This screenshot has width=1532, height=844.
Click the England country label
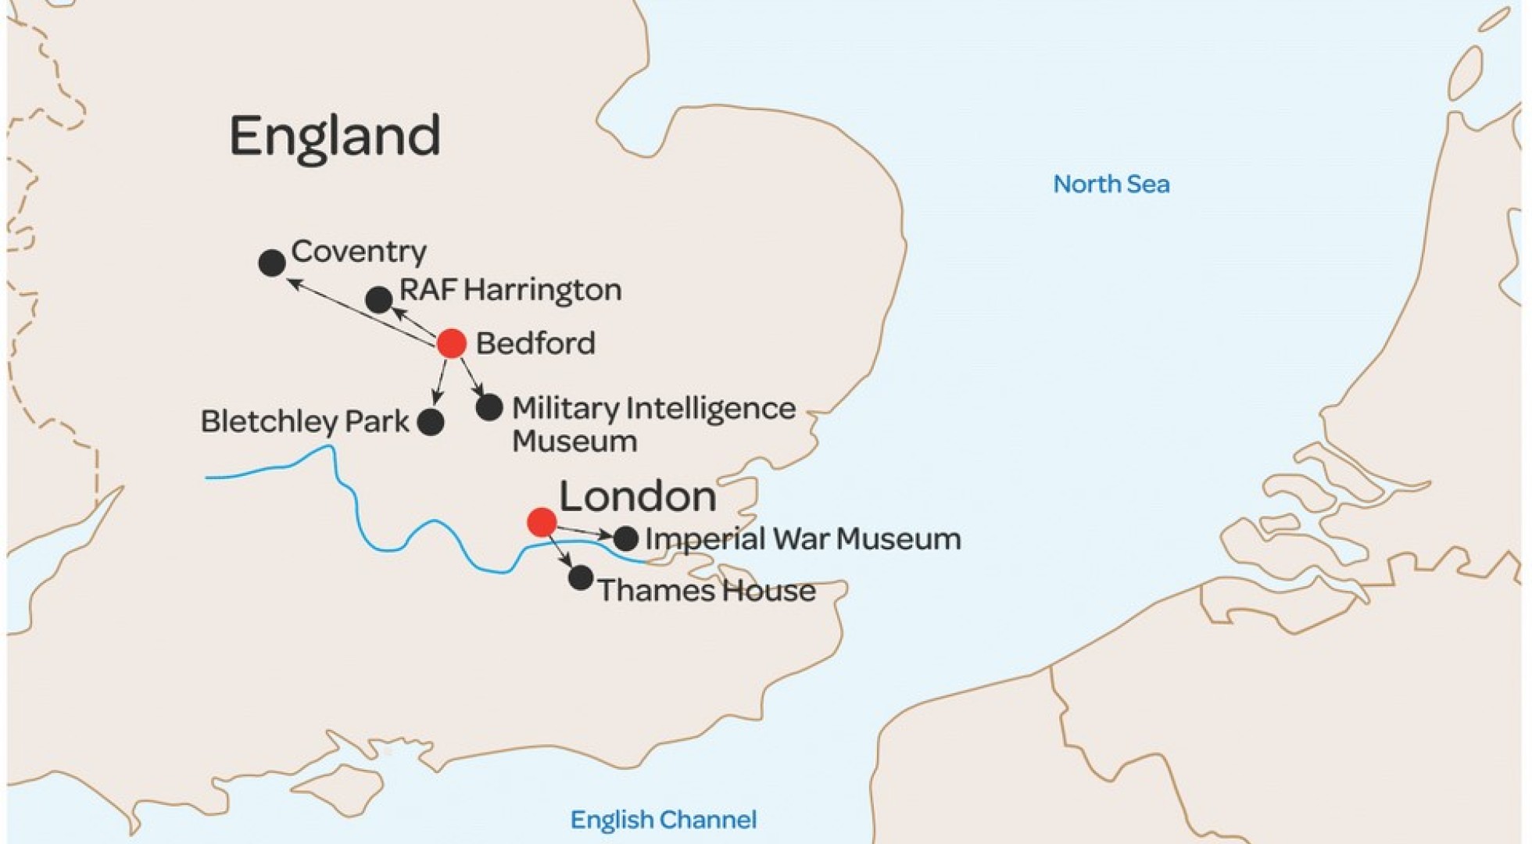[335, 137]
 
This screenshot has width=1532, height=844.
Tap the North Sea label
[1111, 184]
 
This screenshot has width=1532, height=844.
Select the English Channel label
[663, 820]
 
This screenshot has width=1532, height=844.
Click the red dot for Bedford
[452, 343]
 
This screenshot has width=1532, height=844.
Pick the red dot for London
[542, 522]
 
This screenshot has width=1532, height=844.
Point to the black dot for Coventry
[272, 263]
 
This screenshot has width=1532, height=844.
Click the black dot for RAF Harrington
[379, 299]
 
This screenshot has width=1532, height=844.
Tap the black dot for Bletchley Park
[431, 422]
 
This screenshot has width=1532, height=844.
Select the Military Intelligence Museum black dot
[489, 407]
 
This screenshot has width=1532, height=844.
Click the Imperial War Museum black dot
[625, 538]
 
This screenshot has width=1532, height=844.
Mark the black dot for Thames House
[581, 578]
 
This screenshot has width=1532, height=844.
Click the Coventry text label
[359, 252]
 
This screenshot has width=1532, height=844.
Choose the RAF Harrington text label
[510, 290]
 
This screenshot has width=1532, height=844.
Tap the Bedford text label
[535, 343]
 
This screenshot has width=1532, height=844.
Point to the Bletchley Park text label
[305, 422]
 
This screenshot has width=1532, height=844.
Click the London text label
[638, 496]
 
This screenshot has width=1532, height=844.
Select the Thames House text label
[707, 590]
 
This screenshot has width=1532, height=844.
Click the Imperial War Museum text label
[803, 538]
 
